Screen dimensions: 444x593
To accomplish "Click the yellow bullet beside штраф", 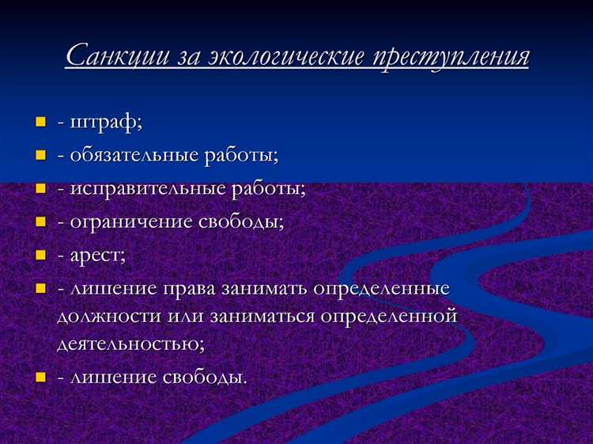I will pos(40,123).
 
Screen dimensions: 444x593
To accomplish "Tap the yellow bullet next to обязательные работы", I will pos(40,155).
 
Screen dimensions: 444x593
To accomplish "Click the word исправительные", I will pos(146,188).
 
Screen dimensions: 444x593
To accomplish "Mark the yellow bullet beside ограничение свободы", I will pos(40,222).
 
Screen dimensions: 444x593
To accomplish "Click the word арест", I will pos(96,255).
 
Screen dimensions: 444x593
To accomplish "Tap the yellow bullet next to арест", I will pos(40,255).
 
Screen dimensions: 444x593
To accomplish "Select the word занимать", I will pos(270,288).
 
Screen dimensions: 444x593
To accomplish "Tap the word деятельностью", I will pos(130,344).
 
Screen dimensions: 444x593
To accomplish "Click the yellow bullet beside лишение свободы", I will pos(40,377).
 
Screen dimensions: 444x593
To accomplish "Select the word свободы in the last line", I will pos(206,377).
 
